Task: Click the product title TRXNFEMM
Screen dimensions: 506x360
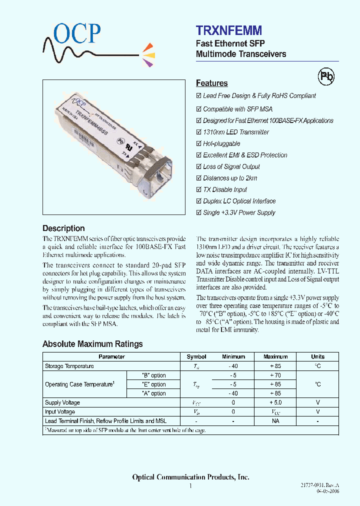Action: tap(228, 31)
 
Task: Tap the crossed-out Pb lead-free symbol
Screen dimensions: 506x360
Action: tap(326, 76)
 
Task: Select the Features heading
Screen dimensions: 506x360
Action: tap(211, 83)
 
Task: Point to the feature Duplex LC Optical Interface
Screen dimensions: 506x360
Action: tap(239, 201)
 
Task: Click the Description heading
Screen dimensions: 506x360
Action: tap(63, 228)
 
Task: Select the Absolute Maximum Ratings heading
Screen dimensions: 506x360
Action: tap(92, 344)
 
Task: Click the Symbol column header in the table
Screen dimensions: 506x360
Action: tap(196, 357)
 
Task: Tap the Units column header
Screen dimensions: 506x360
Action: tap(317, 357)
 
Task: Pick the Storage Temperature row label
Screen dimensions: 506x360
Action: tap(69, 366)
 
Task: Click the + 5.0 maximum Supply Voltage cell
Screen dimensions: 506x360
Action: tap(275, 402)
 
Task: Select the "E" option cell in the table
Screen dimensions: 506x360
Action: tap(154, 384)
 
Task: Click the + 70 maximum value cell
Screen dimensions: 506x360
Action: tap(275, 375)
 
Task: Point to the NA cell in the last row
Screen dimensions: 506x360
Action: tap(275, 421)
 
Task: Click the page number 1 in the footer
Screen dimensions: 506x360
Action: tap(190, 486)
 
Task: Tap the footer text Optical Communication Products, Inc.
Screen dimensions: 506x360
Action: tap(190, 477)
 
